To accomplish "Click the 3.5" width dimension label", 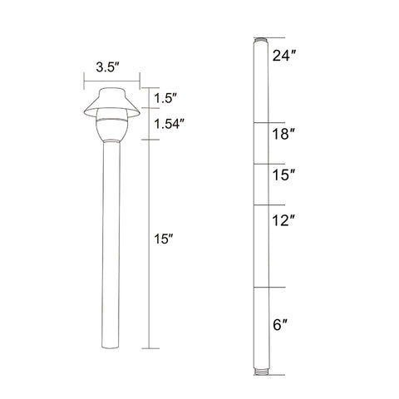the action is click(108, 67).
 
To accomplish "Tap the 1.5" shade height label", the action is click(165, 98).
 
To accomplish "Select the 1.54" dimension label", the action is click(170, 124).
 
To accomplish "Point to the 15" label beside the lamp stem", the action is click(164, 239).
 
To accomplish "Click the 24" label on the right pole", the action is click(283, 56).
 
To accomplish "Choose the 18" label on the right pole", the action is click(283, 135).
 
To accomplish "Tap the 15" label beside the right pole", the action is click(283, 175).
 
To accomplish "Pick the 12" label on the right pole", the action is click(283, 221).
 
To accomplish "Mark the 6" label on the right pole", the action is click(280, 325).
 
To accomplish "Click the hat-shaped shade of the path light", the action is click(111, 102).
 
